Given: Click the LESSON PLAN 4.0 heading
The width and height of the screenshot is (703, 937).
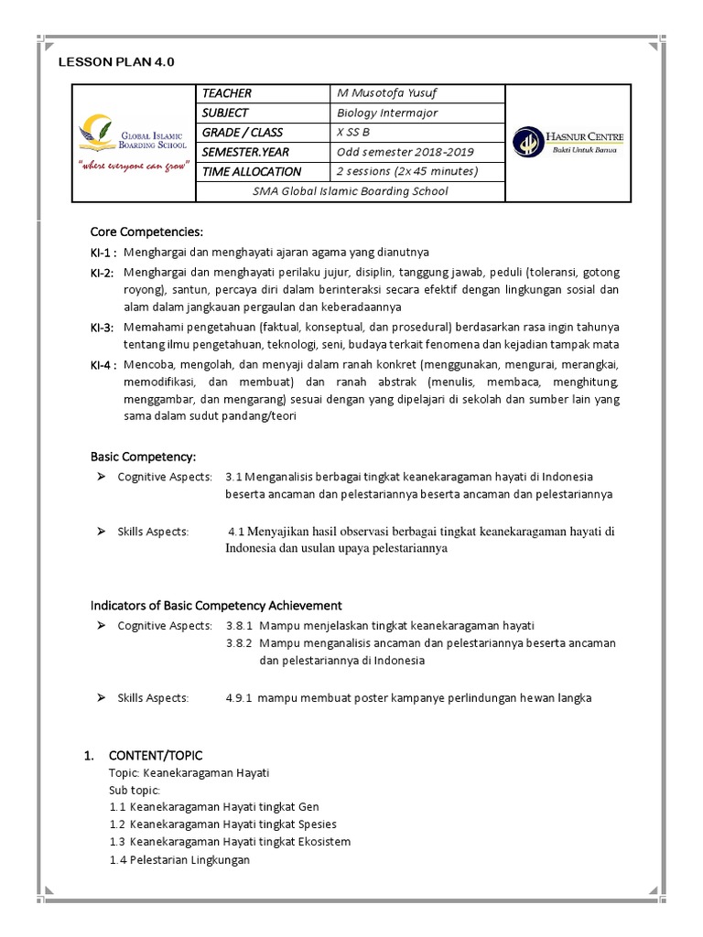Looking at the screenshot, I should tap(115, 62).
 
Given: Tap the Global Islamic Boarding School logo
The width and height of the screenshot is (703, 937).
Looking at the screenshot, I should tap(135, 142).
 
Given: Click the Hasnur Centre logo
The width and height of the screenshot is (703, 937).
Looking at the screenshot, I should tap(568, 142).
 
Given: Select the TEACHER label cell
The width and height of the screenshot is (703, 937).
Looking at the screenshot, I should tap(227, 93).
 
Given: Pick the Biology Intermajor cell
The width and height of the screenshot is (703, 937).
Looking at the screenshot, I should tap(387, 113).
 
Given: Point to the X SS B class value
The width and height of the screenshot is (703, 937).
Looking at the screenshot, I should tap(353, 132).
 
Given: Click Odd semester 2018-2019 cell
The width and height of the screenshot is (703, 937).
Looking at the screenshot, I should tap(406, 152).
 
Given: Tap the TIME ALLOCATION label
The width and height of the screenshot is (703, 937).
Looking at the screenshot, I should tap(252, 171).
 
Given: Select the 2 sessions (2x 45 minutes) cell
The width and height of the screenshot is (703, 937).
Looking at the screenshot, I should tap(406, 171).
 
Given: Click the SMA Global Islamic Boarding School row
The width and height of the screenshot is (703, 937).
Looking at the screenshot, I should tap(352, 191).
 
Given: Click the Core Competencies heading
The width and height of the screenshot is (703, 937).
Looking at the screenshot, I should tap(146, 231).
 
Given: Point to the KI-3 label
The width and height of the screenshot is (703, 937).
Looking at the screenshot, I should tap(102, 328).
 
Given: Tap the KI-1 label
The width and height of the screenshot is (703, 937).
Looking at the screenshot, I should tap(102, 253).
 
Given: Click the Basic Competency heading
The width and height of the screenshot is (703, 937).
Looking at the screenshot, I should tap(143, 456).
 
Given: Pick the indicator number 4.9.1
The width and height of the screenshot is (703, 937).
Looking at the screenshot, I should tap(240, 698).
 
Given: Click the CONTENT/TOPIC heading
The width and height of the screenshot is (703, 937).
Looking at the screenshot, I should tap(156, 755).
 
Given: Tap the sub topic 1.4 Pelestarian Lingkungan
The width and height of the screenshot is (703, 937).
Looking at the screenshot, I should tap(179, 860).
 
